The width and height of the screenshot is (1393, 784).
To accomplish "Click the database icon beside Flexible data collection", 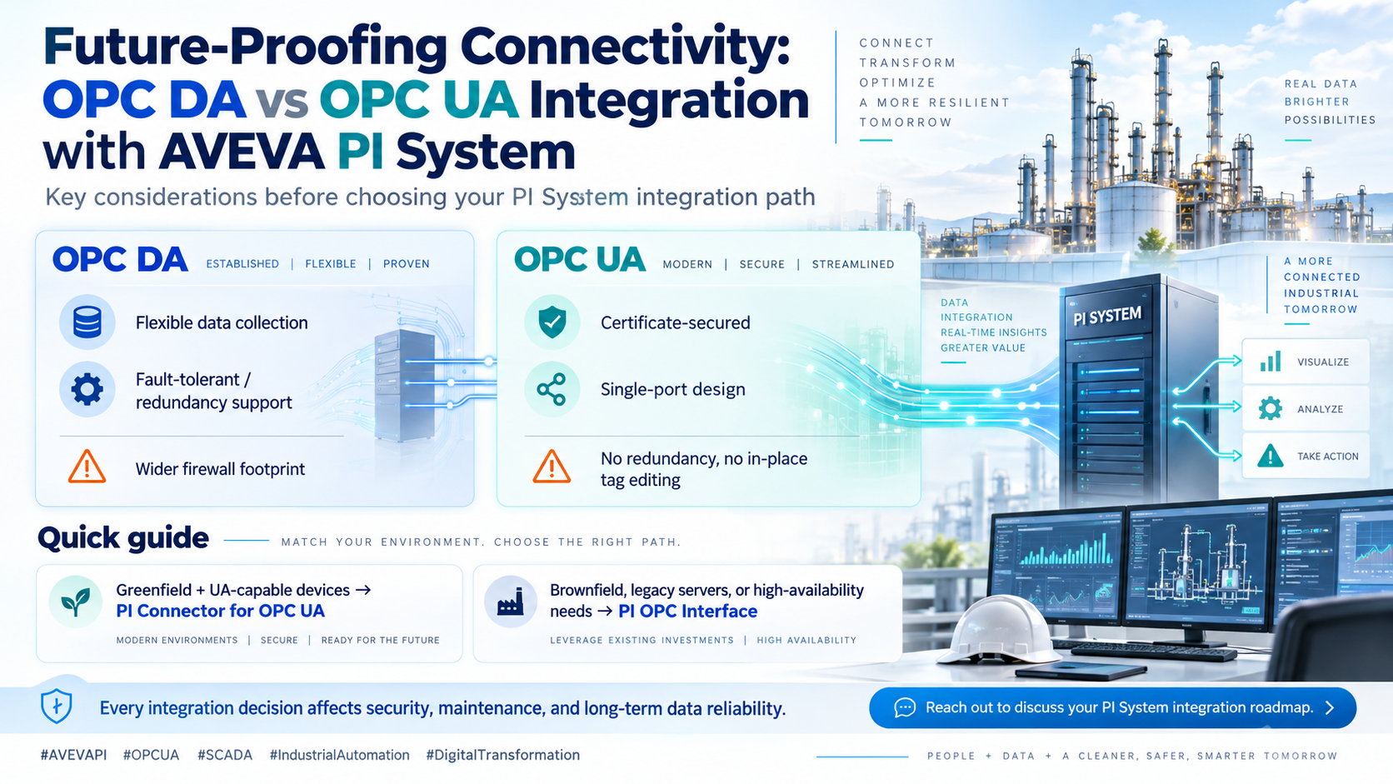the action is coord(87,322).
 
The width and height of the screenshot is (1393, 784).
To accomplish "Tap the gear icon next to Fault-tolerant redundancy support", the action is coord(87,390).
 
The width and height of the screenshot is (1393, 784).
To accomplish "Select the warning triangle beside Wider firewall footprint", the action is coord(87,467).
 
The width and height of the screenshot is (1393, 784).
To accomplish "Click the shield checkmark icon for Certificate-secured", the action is coord(552,322).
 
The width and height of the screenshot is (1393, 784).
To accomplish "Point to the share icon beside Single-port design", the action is coord(552,390).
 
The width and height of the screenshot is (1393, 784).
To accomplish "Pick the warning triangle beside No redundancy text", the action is coord(552,467).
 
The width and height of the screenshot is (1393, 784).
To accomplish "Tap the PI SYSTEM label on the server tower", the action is coord(1107,316).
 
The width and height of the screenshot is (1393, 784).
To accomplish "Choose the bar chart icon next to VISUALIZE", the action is coord(1271,362).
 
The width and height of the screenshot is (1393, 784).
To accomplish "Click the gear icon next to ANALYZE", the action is coord(1270,408).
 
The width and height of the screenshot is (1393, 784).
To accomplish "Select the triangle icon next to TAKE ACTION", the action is coord(1270,456).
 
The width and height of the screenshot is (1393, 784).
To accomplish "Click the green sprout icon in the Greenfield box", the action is coord(75,602).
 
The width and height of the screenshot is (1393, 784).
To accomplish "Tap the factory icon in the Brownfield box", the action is coord(511,602).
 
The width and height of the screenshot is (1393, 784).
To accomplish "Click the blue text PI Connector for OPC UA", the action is coord(220,612).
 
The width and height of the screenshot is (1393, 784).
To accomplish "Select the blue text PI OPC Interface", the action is coord(688,612).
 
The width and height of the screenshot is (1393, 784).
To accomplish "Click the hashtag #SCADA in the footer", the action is coord(224,755).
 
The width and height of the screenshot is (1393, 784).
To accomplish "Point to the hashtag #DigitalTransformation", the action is coord(502,755).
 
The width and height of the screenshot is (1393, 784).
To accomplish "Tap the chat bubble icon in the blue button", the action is coord(905,707).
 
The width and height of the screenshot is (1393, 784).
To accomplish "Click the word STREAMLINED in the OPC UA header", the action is coord(852,264).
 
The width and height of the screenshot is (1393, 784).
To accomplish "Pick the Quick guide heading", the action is coord(123,538).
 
